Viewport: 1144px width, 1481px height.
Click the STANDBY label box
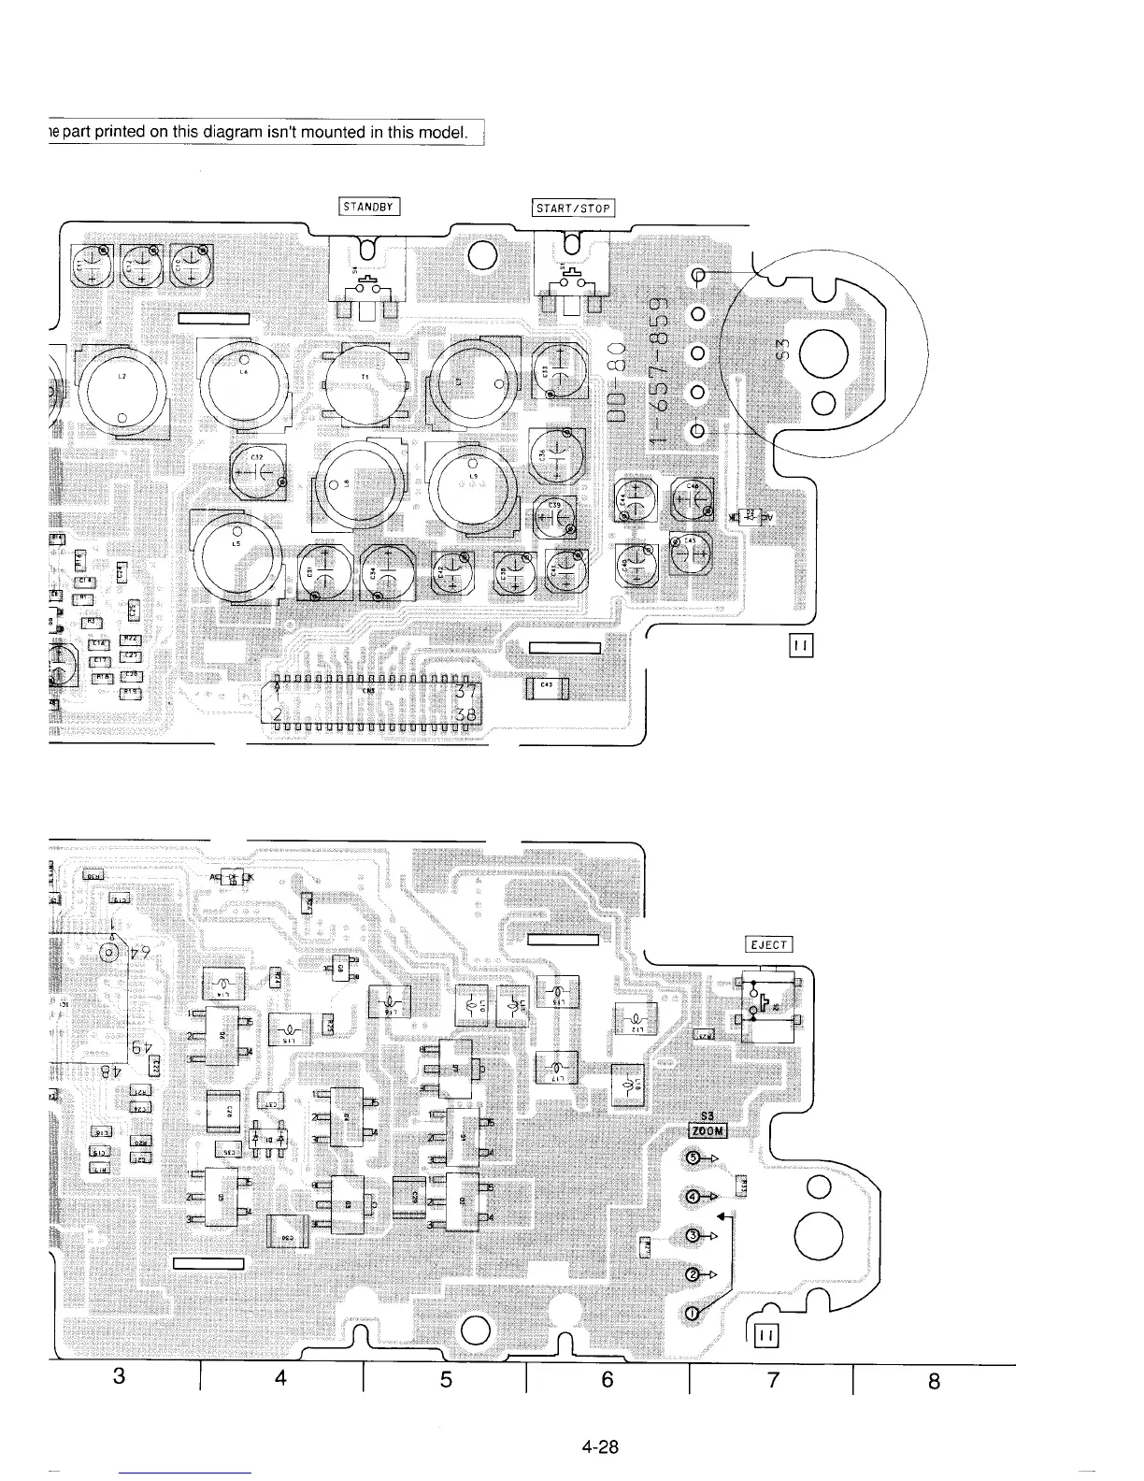tap(368, 207)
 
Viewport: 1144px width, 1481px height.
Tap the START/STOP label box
tap(573, 208)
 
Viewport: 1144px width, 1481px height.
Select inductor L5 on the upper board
tap(236, 555)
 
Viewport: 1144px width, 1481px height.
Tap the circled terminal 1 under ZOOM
tap(692, 1314)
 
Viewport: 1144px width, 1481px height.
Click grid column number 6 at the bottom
tap(608, 1378)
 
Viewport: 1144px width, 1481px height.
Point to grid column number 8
tap(934, 1380)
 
